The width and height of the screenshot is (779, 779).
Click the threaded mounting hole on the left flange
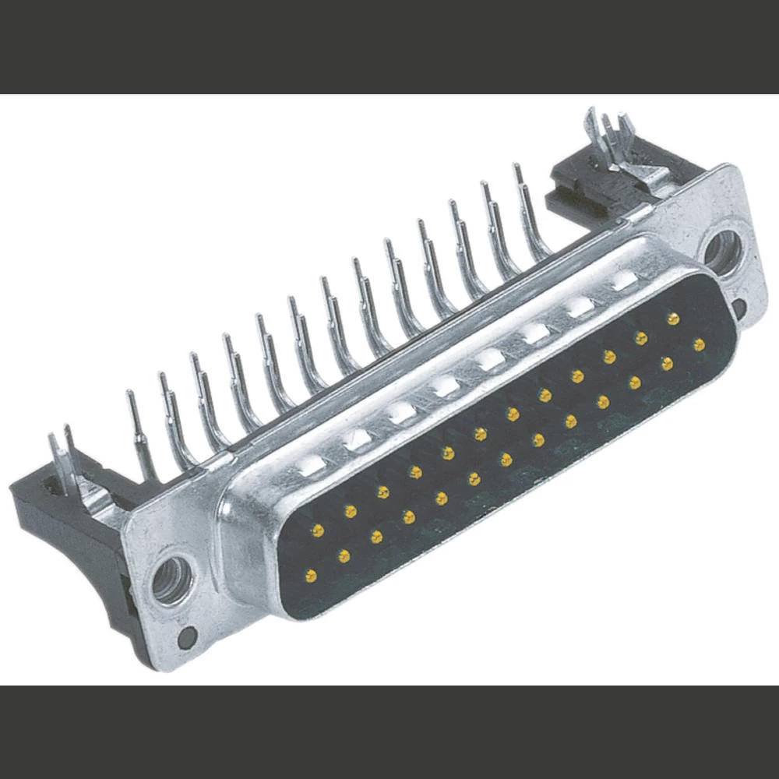coord(171,580)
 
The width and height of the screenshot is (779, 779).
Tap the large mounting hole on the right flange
coord(721,252)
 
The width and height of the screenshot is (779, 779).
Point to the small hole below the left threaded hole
coord(185,638)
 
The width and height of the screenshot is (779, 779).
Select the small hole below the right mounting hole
coord(738,310)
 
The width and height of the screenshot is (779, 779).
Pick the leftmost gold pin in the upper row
coord(317,530)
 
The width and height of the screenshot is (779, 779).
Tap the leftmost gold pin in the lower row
coord(311,576)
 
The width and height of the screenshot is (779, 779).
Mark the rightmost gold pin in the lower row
coord(699,344)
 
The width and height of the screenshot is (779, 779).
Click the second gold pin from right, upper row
coord(641,337)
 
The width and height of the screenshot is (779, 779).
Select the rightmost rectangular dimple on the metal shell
coord(623,281)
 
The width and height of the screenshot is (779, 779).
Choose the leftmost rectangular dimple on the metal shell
coord(311,467)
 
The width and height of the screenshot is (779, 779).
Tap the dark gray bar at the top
coord(389,47)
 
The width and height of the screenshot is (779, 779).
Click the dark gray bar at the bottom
coord(389,732)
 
